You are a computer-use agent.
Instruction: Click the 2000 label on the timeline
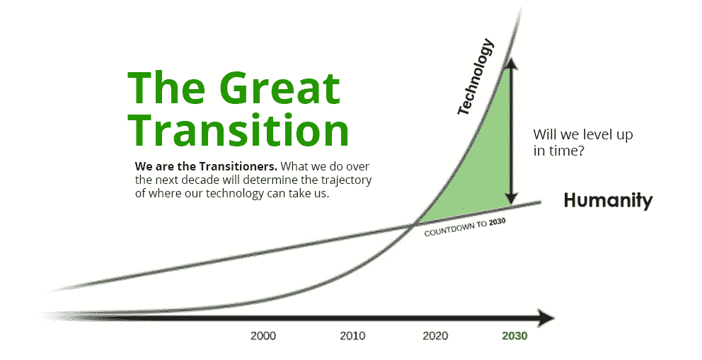click(x=263, y=336)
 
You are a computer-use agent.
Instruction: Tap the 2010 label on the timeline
click(x=352, y=336)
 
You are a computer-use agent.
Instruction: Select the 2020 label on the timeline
click(x=435, y=336)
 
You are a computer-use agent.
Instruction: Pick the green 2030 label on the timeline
click(x=515, y=336)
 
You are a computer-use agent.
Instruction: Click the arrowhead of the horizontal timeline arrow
click(x=546, y=318)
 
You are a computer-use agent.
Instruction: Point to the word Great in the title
click(x=280, y=88)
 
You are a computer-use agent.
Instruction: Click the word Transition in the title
click(x=238, y=129)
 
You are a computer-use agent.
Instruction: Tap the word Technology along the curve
click(x=476, y=76)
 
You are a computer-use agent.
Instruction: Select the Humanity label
click(x=608, y=200)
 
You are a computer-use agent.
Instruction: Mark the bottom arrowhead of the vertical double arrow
click(x=511, y=198)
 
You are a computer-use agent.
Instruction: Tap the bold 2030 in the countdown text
click(x=497, y=222)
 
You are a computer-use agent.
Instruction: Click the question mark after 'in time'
click(x=581, y=151)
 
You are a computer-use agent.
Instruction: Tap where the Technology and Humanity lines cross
click(x=413, y=223)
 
